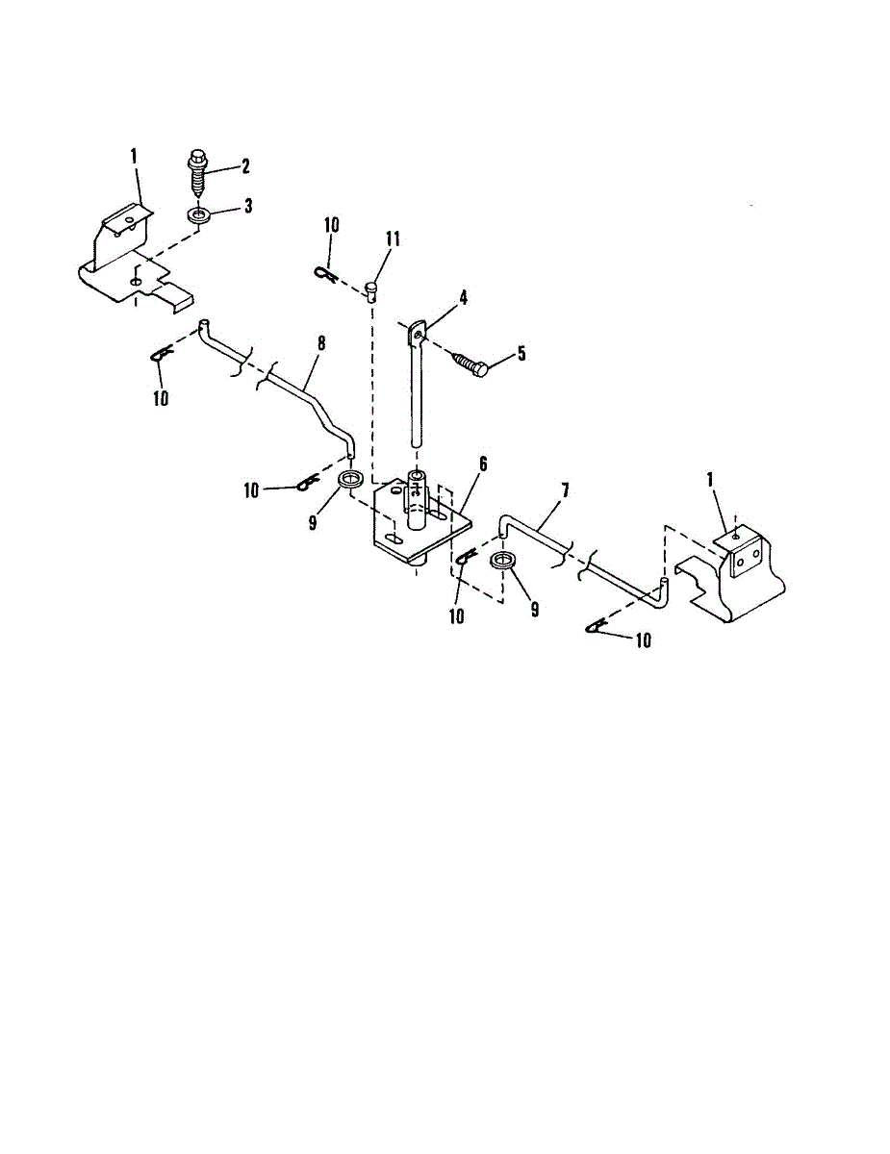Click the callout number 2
pyautogui.click(x=244, y=166)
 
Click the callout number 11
pyautogui.click(x=393, y=238)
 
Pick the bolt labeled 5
pyautogui.click(x=470, y=364)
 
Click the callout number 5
pyautogui.click(x=521, y=353)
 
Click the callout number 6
pyautogui.click(x=482, y=464)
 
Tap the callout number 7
pyautogui.click(x=565, y=491)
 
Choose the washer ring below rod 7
pyautogui.click(x=502, y=563)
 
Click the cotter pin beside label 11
pyautogui.click(x=324, y=275)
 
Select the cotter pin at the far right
pyautogui.click(x=598, y=628)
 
